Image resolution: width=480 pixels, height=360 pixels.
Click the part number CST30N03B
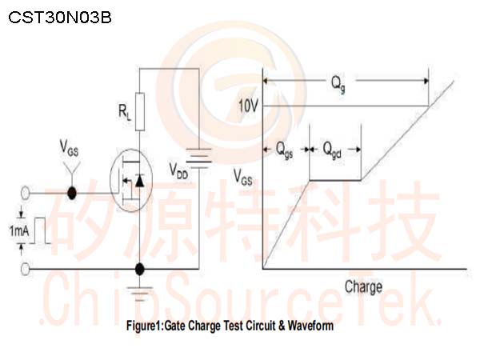tap(60, 18)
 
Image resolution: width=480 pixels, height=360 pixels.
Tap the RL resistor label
tap(125, 112)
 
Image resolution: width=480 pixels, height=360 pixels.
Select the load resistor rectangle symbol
tap(140, 112)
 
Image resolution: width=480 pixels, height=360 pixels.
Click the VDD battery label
tap(178, 170)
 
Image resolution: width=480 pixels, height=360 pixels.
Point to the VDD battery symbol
tap(199, 158)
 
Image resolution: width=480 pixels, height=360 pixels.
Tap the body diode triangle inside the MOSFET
tap(139, 181)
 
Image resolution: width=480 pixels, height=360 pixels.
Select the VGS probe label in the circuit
tap(69, 148)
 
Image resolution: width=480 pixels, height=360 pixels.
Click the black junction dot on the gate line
tap(72, 193)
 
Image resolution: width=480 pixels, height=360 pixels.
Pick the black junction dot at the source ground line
tap(139, 269)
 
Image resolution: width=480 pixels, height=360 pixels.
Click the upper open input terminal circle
tap(25, 194)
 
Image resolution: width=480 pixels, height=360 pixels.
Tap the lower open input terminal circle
tap(25, 269)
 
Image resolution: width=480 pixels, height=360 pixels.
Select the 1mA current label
tap(19, 231)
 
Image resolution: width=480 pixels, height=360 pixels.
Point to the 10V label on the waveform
tap(248, 106)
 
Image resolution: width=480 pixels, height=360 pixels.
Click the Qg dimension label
tap(338, 83)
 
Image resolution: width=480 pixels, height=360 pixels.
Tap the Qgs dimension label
tap(284, 150)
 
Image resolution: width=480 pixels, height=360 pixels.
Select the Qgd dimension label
tap(332, 150)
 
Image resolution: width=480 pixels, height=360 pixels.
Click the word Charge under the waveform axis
tap(364, 287)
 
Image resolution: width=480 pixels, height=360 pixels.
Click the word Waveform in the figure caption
tap(310, 326)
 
